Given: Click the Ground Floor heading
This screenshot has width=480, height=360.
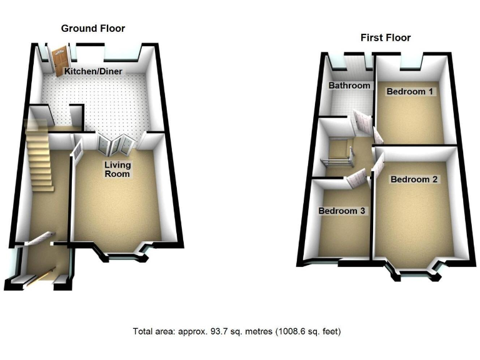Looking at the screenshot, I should [92, 28].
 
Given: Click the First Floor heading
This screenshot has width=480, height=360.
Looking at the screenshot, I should [386, 37].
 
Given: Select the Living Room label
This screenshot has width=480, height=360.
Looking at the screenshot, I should [117, 169].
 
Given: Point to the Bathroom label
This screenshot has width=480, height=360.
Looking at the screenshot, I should [349, 86].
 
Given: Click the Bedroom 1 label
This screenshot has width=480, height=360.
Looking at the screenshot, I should [411, 92].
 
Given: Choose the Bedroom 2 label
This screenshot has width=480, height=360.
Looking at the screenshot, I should [414, 179].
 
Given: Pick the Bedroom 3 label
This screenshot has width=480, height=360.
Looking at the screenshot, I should [342, 211].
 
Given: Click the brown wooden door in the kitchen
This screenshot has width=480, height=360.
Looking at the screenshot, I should [59, 61].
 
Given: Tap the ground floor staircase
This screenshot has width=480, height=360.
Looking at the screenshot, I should [39, 156].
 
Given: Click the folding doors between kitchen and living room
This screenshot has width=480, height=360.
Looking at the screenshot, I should [116, 145].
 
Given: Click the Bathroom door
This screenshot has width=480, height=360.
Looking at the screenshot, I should [361, 122].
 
